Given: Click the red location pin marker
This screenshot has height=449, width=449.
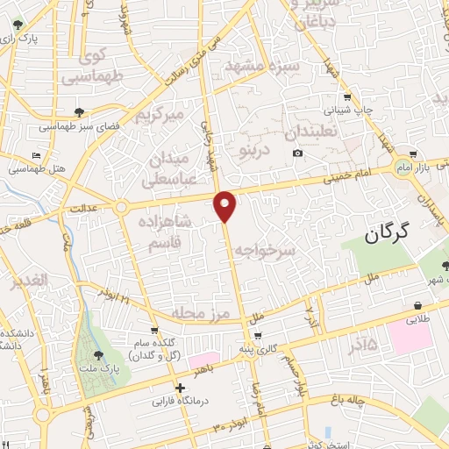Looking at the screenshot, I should point(225,205).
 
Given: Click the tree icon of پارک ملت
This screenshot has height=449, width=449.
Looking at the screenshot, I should point(98,355).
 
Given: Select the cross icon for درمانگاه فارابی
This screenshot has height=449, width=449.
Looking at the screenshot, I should point(180,388).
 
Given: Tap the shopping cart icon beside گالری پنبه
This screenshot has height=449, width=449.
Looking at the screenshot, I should point(257,335).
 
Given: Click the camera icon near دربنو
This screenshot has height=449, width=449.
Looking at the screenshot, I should point(297,154).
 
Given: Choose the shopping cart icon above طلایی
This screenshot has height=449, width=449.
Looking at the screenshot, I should point(417,306).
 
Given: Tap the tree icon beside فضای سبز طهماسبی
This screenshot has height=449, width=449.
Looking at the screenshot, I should point(81,112).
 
